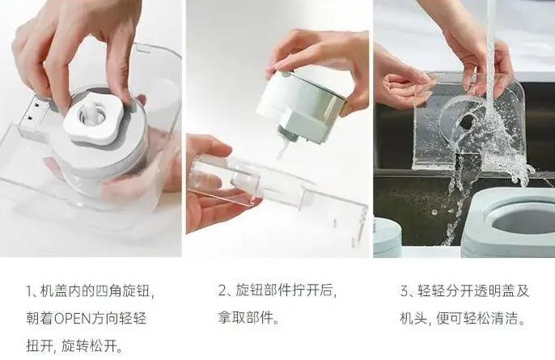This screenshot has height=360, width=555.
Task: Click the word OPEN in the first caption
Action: click(80, 318)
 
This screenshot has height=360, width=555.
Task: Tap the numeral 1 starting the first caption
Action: click(29, 290)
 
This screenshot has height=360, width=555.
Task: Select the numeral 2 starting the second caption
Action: click(222, 290)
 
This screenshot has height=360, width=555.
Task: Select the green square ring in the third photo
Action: click(510, 222)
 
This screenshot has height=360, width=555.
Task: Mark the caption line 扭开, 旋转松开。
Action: click(73, 345)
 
